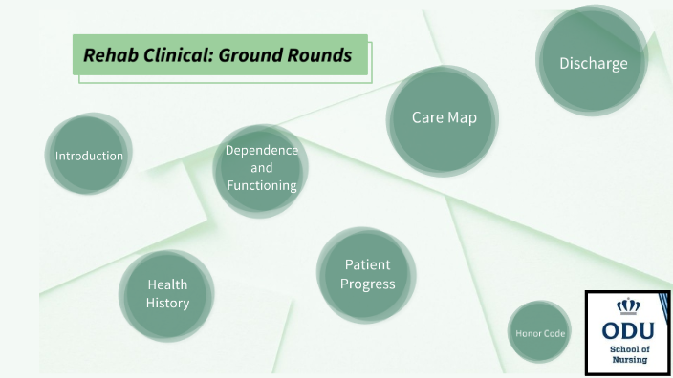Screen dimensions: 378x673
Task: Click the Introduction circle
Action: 89,156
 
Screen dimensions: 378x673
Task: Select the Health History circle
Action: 167,294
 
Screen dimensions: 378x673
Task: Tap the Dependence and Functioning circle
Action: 261,169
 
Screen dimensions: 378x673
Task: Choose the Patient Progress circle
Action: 367,274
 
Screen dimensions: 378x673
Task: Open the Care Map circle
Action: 444,118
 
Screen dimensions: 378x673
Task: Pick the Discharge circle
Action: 593,63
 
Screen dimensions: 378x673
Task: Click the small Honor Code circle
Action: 540,332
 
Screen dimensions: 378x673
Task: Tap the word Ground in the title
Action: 251,55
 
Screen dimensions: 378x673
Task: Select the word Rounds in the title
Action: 319,55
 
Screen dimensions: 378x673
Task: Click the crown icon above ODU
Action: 628,306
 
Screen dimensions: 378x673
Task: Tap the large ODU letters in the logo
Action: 628,330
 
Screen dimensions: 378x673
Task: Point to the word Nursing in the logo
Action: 628,361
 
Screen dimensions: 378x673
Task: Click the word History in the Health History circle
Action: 167,303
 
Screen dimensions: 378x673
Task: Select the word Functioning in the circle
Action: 261,185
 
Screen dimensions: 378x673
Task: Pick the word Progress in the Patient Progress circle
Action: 367,283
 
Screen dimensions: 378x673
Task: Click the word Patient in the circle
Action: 367,264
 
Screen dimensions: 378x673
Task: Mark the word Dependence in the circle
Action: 261,151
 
